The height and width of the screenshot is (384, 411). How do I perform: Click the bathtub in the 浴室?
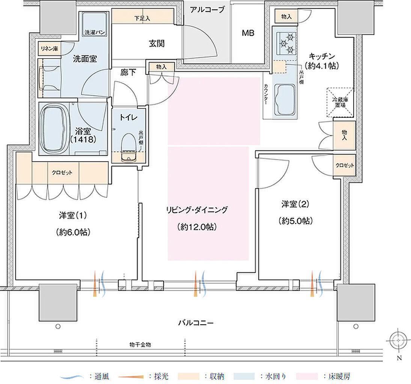55,128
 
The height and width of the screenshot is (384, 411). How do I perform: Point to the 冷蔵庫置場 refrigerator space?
339,102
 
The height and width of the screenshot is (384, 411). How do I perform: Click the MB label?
248,33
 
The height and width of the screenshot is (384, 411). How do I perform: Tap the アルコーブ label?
207,10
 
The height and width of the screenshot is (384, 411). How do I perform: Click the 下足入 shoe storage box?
142,18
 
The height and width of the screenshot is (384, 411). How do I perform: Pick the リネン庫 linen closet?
49,49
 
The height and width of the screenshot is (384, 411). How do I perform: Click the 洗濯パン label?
94,33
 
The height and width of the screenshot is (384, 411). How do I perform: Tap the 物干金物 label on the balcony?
140,345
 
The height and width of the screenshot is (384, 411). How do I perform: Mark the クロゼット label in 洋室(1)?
62,172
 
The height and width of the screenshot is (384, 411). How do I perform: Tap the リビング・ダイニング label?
197,210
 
